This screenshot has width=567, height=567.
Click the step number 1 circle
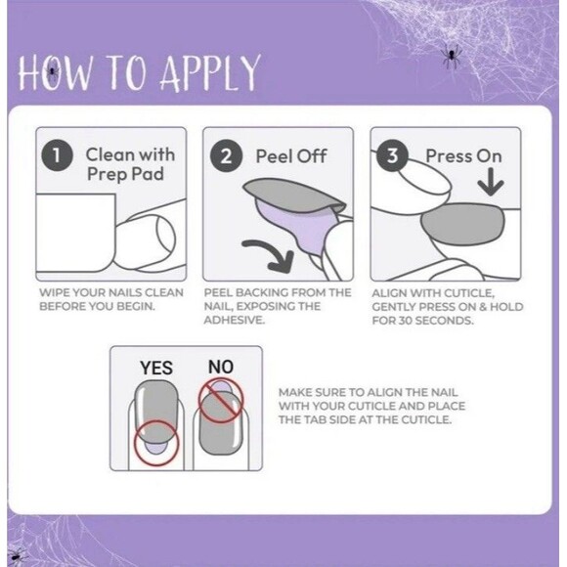coord(57,155)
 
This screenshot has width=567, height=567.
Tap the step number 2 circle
coord(226,156)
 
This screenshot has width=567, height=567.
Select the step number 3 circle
coord(392,155)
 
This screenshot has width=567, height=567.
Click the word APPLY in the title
coord(210,73)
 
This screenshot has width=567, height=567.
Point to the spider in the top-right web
coord(451,56)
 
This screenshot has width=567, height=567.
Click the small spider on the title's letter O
coord(53,71)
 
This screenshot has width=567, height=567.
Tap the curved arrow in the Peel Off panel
coord(270,255)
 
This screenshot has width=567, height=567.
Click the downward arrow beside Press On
coord(491,182)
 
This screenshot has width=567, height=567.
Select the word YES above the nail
coord(156,369)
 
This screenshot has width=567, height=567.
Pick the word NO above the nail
coord(221,367)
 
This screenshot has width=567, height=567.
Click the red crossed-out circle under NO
coord(221,400)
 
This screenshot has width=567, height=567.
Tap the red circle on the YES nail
coord(156,443)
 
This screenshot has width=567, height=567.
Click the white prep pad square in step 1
coord(76,233)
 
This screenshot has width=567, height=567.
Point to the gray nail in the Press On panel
coord(462,224)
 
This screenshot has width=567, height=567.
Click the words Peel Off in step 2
coord(291,156)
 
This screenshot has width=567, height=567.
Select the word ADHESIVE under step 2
coord(235,320)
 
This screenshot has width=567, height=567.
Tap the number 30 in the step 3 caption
coord(406,321)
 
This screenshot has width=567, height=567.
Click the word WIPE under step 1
coord(51,292)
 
